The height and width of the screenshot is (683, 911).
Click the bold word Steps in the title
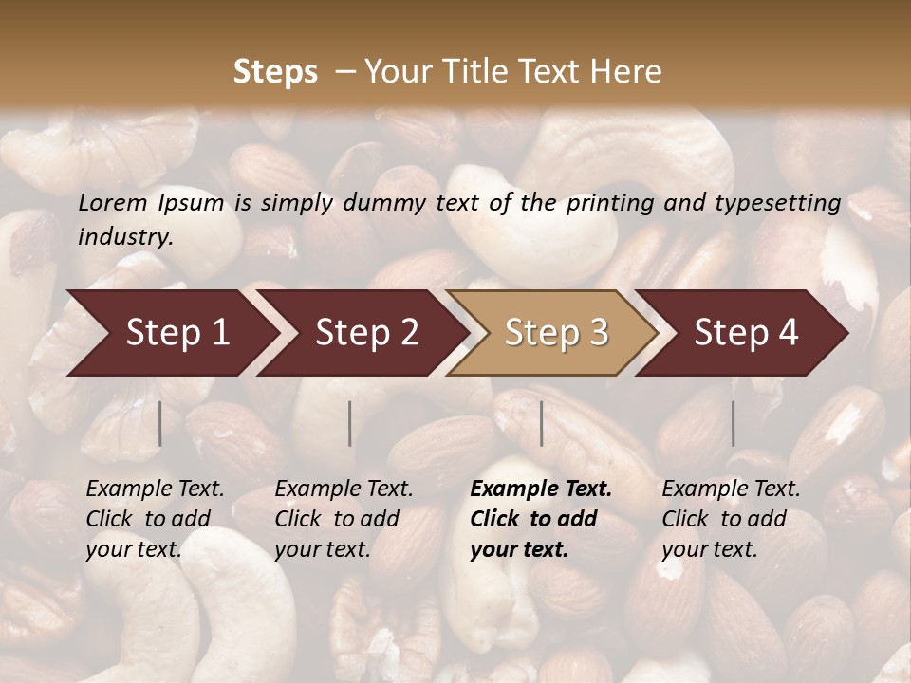[275, 72]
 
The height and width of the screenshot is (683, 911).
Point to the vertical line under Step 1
[159, 423]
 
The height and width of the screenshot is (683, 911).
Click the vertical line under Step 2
[350, 423]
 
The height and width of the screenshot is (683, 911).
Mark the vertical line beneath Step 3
[541, 423]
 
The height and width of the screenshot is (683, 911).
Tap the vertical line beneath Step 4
[733, 423]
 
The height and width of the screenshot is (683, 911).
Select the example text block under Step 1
[155, 519]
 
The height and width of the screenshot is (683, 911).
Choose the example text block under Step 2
[344, 519]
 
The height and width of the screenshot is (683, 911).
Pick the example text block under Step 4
[731, 519]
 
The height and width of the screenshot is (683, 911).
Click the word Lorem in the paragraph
[113, 203]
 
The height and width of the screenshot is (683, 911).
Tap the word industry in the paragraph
[124, 237]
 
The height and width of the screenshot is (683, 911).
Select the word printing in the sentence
[610, 203]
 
